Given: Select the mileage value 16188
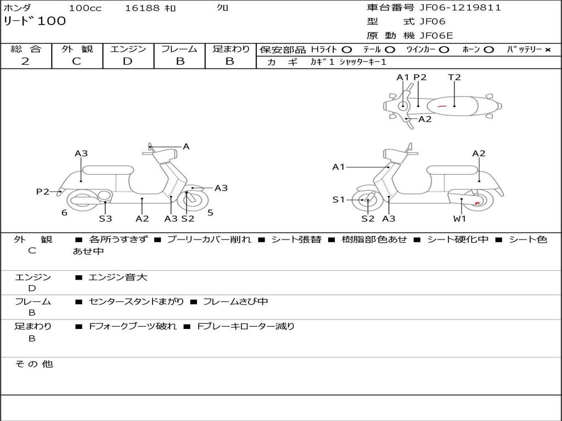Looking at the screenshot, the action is coord(142,8).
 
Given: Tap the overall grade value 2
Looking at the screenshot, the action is coord(25,61).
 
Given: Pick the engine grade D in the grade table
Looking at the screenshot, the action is coord(128,61).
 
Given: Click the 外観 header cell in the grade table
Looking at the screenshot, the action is coord(77,49).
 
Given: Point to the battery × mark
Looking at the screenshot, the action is coord(547,50).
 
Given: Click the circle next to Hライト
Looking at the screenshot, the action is coord(347,50).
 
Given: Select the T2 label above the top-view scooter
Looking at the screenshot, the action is coord(454,77).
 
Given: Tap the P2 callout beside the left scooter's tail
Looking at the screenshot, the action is coord(43,191).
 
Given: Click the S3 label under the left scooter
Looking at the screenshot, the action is coord(105,219).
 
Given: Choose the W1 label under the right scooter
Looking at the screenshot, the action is coord(459,219).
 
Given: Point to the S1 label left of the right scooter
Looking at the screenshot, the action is coord(339,200).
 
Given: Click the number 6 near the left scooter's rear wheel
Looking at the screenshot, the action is coord(64,213).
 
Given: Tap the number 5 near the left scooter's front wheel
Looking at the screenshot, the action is coord(210,213).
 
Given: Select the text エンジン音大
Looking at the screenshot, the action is coord(118,277).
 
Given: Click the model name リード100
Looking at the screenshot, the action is coord(35,21).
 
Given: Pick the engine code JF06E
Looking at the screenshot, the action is coord(436,36).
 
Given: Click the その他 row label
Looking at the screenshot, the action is coord(34,364).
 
